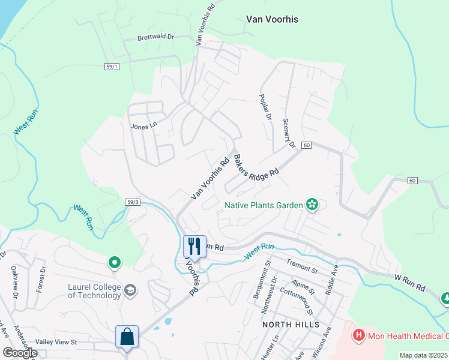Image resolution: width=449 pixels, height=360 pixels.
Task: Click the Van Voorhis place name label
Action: tap(272, 19)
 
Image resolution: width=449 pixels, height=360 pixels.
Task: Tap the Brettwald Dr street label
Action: tap(155, 37)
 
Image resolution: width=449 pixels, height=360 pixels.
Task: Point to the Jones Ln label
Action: tap(143, 126)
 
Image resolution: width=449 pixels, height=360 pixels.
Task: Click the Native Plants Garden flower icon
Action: tap(312, 205)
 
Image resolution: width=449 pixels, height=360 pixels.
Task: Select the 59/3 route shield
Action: tap(133, 202)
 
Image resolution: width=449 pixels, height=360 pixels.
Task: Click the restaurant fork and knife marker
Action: tap(194, 246)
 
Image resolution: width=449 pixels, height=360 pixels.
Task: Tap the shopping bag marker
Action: tap(127, 337)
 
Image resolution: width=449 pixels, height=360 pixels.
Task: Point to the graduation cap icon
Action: tap(130, 291)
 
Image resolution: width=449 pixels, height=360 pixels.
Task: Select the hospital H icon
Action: tap(359, 334)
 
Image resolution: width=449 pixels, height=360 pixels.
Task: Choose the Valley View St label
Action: tap(56, 342)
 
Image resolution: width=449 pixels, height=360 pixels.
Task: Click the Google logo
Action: tap(20, 353)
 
